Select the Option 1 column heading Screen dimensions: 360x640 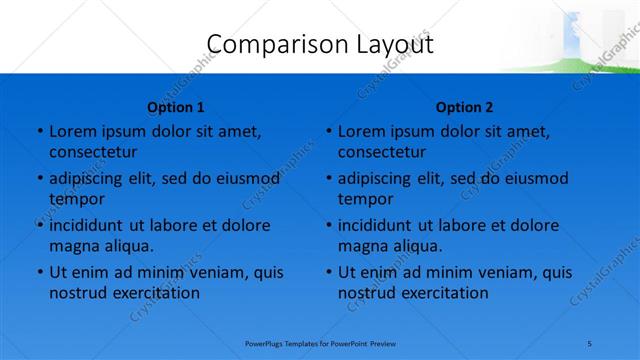pyautogui.click(x=175, y=107)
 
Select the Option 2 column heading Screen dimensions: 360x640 pyautogui.click(x=464, y=107)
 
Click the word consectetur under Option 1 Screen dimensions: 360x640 pyautogui.click(x=93, y=153)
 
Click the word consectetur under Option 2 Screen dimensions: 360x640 pyautogui.click(x=382, y=153)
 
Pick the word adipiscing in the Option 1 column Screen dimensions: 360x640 pyautogui.click(x=89, y=179)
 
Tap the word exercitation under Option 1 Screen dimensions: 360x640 pyautogui.click(x=155, y=293)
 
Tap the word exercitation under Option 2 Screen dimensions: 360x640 pyautogui.click(x=444, y=293)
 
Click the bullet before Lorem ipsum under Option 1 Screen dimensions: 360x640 pyautogui.click(x=39, y=132)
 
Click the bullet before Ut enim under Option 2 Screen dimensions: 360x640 pyautogui.click(x=328, y=272)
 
